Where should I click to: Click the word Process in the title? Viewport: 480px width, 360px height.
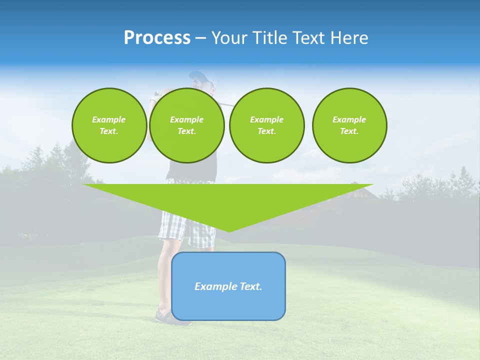pos(157,38)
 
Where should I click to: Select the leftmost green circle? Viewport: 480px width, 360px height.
pos(109,125)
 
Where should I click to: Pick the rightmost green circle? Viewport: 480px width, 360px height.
pos(349,125)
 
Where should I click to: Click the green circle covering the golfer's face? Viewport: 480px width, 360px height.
pos(187,125)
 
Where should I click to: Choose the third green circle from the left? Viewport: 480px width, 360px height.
pos(266,125)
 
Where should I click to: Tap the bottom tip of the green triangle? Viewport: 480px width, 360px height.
pos(229,230)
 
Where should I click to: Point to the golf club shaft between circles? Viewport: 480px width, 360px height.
pos(226,105)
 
